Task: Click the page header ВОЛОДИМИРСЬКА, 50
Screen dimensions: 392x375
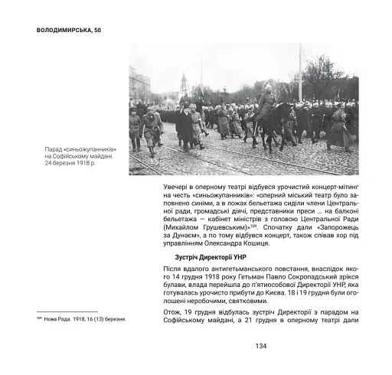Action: [69, 29]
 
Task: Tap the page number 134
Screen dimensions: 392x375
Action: [260, 346]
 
